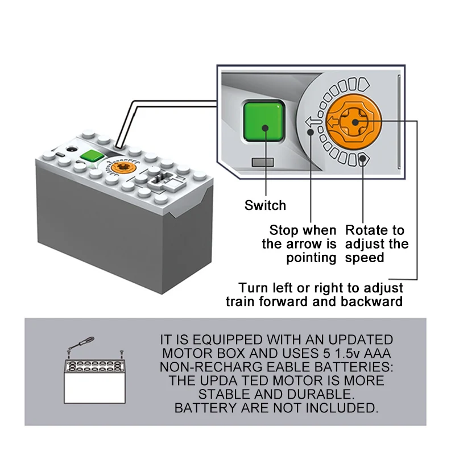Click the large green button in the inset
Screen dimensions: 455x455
(x=263, y=122)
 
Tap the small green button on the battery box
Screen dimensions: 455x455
(x=91, y=156)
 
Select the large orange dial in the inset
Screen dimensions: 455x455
(x=354, y=121)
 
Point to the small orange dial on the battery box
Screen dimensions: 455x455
(x=122, y=168)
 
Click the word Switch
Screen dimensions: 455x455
(x=265, y=205)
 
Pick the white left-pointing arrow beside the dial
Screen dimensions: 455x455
(x=312, y=121)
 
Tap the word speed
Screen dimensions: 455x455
(x=365, y=258)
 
